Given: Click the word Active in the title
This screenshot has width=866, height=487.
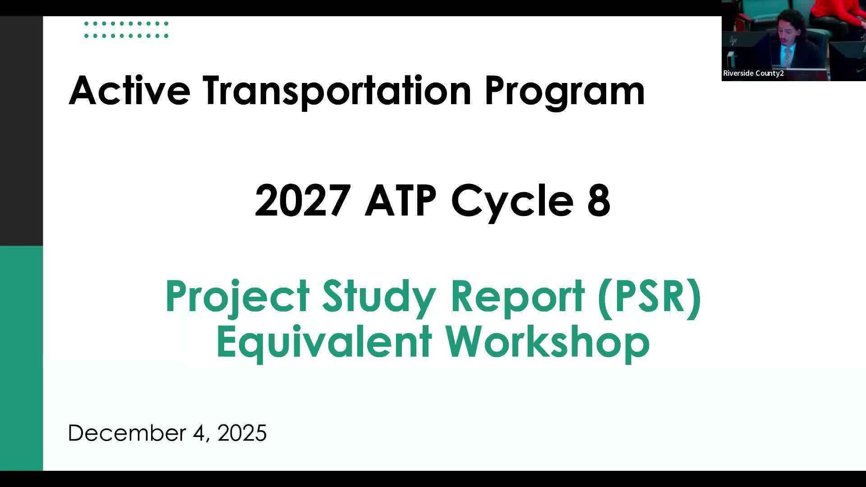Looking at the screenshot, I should [x=129, y=91].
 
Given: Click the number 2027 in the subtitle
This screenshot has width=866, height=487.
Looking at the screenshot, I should [x=303, y=200].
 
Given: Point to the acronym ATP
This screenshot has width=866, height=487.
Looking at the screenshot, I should [x=400, y=200].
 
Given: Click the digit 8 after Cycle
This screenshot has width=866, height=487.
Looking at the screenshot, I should [x=599, y=200].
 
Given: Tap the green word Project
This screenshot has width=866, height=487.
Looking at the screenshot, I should [x=237, y=297].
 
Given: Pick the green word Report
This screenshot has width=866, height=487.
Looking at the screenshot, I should [x=517, y=297].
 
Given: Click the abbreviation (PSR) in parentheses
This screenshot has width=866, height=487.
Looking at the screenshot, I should [x=649, y=297].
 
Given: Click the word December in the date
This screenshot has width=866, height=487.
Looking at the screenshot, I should [x=127, y=433].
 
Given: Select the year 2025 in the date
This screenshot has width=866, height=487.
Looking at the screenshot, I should [x=242, y=433].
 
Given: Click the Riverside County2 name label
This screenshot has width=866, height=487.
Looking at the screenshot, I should [x=753, y=74].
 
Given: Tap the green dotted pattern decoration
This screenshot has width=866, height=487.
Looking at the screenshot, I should [x=126, y=30].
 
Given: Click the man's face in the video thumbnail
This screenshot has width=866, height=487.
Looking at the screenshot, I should [x=787, y=34].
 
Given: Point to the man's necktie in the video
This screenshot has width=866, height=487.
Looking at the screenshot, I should [x=788, y=56].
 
